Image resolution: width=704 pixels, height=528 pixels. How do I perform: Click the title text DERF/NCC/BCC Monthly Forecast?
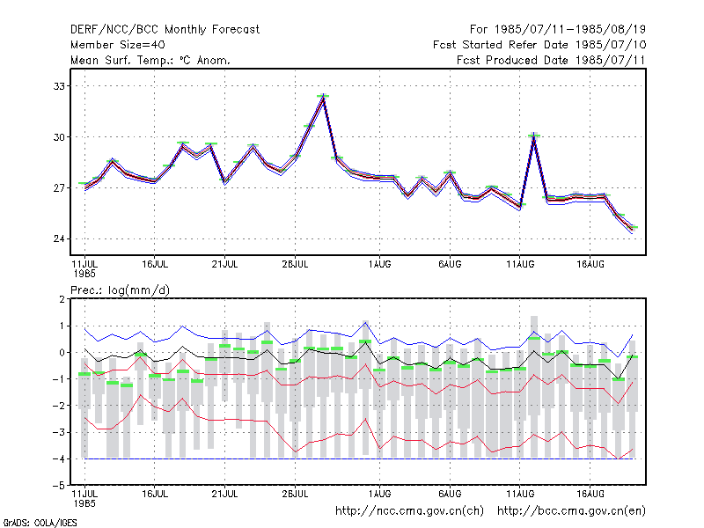(165, 30)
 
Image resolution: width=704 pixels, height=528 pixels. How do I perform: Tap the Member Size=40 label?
(118, 45)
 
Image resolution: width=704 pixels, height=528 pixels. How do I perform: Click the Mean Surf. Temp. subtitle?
(150, 60)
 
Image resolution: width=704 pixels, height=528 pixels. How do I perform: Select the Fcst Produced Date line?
(551, 60)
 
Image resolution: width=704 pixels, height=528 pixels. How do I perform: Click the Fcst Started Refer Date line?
(539, 45)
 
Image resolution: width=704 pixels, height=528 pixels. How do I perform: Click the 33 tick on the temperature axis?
(59, 86)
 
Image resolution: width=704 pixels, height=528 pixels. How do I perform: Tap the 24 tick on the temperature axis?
(59, 238)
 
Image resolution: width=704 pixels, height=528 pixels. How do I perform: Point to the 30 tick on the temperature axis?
(59, 137)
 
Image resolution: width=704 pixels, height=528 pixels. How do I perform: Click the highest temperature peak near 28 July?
(323, 96)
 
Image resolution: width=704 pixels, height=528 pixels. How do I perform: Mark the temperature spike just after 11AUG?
(533, 135)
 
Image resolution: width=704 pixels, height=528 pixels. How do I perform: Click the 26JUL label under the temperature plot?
(295, 265)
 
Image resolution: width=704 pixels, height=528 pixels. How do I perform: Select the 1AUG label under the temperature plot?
(379, 265)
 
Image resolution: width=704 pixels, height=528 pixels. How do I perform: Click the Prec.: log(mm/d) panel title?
(120, 290)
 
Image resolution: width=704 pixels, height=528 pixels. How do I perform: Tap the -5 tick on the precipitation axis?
(59, 486)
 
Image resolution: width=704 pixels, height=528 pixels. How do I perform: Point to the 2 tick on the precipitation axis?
(62, 299)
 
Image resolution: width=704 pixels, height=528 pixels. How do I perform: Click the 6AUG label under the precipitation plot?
(450, 494)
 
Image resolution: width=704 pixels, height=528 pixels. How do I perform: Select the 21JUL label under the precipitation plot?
(224, 494)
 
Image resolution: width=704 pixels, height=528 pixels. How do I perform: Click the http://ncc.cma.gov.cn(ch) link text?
(409, 511)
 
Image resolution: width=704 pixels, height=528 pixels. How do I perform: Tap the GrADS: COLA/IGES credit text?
(40, 523)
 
